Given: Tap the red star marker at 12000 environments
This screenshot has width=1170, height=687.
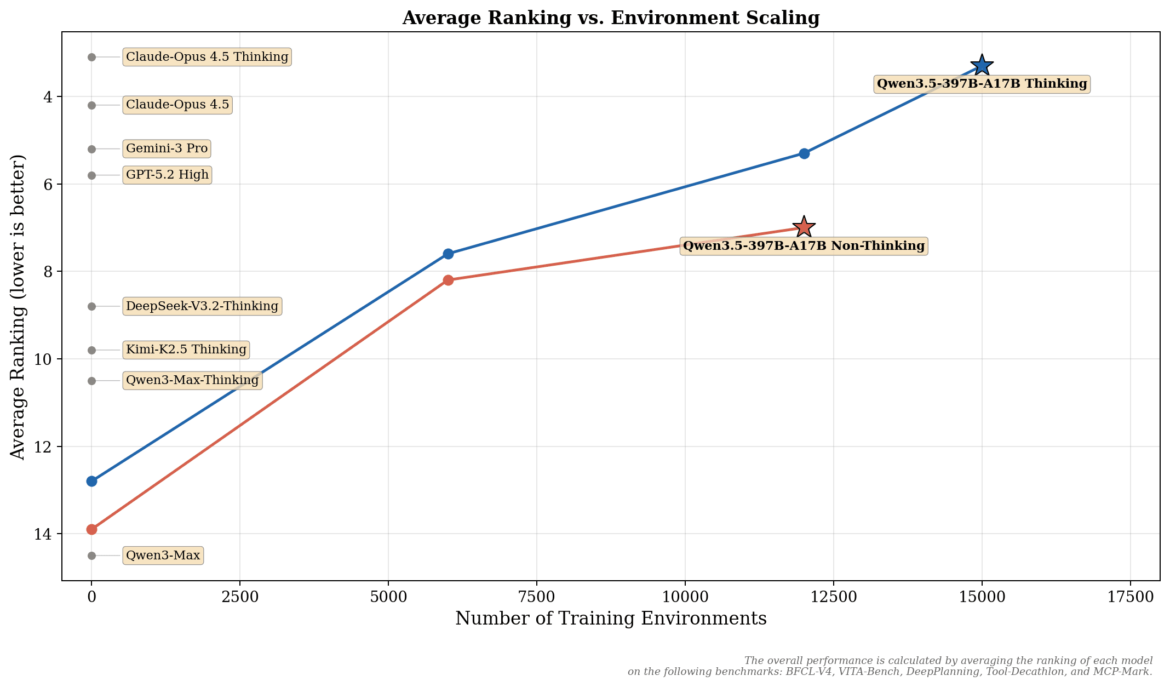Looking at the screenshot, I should pyautogui.click(x=804, y=227).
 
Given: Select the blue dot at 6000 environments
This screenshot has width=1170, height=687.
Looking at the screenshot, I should pyautogui.click(x=448, y=254).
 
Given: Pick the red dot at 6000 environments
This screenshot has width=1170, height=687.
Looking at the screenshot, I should pyautogui.click(x=448, y=280).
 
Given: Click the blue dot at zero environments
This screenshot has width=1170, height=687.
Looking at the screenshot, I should pyautogui.click(x=91, y=481).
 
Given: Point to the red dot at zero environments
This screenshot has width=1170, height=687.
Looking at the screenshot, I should pyautogui.click(x=91, y=529).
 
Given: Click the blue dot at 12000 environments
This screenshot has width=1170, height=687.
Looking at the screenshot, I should pyautogui.click(x=804, y=153).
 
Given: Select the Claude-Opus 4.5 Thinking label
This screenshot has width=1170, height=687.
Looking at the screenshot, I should pyautogui.click(x=207, y=57).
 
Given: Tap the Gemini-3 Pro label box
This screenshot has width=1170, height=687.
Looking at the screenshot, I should pyautogui.click(x=167, y=148).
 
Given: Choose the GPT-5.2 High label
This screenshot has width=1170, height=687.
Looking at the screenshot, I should pyautogui.click(x=167, y=175).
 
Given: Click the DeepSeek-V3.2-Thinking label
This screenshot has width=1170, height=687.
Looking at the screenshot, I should pyautogui.click(x=202, y=306).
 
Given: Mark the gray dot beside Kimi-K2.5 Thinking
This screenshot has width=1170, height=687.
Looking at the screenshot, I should pyautogui.click(x=91, y=350).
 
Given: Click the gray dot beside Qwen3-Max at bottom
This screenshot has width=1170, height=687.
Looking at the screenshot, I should pyautogui.click(x=91, y=556).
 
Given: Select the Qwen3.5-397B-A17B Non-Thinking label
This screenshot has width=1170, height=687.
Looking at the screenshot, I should pyautogui.click(x=804, y=246).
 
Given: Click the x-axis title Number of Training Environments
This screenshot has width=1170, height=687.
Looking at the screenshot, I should pyautogui.click(x=611, y=619).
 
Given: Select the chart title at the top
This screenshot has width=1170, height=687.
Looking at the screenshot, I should pyautogui.click(x=611, y=18).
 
